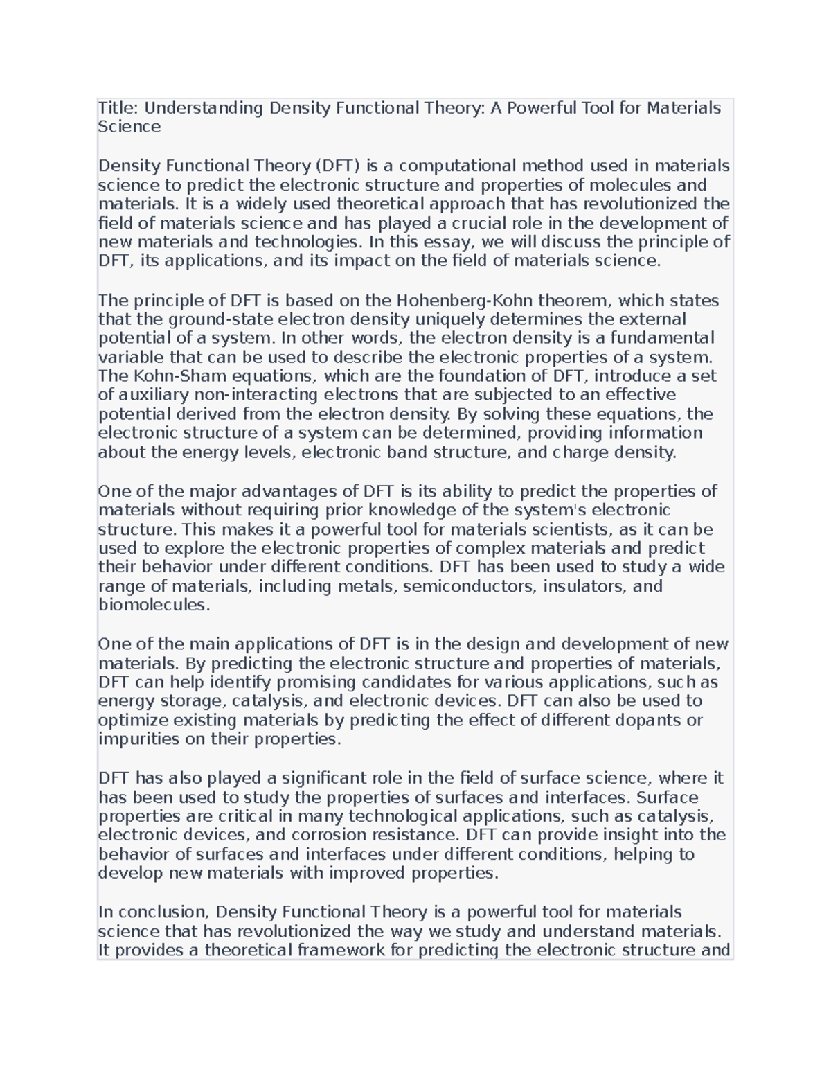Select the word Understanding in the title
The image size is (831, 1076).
[204, 108]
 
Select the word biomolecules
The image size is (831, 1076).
[153, 605]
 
